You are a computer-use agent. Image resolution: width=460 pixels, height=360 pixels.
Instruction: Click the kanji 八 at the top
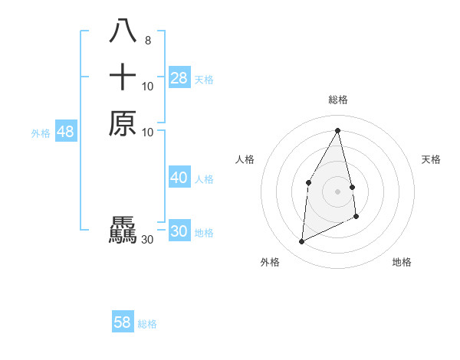pos(123,31)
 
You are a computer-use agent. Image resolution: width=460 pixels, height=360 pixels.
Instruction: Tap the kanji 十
pos(123,77)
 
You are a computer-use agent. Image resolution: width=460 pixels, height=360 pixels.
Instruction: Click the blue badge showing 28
pos(179,78)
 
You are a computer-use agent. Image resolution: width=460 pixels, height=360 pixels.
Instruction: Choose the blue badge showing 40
pos(179,178)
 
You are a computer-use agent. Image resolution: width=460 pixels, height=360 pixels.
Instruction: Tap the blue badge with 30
pos(179,231)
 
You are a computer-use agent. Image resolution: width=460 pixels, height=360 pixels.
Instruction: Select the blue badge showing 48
pos(65,132)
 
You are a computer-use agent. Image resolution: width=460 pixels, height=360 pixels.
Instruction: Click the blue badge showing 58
pos(122,322)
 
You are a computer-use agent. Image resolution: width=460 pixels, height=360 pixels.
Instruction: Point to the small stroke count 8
pos(148,41)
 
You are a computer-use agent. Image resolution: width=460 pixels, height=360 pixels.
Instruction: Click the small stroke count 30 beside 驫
pos(148,240)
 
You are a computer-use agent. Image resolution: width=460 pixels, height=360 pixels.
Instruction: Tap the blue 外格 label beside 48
pos(41,133)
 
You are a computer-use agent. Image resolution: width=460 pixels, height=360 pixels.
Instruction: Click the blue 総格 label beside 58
pos(147,323)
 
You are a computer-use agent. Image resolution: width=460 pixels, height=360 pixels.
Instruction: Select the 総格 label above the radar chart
pos(338,100)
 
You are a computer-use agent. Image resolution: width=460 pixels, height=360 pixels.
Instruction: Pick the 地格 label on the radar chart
pos(402,262)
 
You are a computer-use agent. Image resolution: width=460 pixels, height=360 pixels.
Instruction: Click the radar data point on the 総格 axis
pos(338,130)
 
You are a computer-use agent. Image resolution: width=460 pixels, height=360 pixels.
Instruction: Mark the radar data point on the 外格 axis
pos(301,242)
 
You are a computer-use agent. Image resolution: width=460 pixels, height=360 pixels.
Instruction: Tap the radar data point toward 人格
pos(308,182)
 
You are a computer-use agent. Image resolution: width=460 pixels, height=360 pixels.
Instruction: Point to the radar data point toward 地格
pos(356,217)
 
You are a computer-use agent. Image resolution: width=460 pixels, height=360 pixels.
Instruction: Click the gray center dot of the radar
pos(338,191)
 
